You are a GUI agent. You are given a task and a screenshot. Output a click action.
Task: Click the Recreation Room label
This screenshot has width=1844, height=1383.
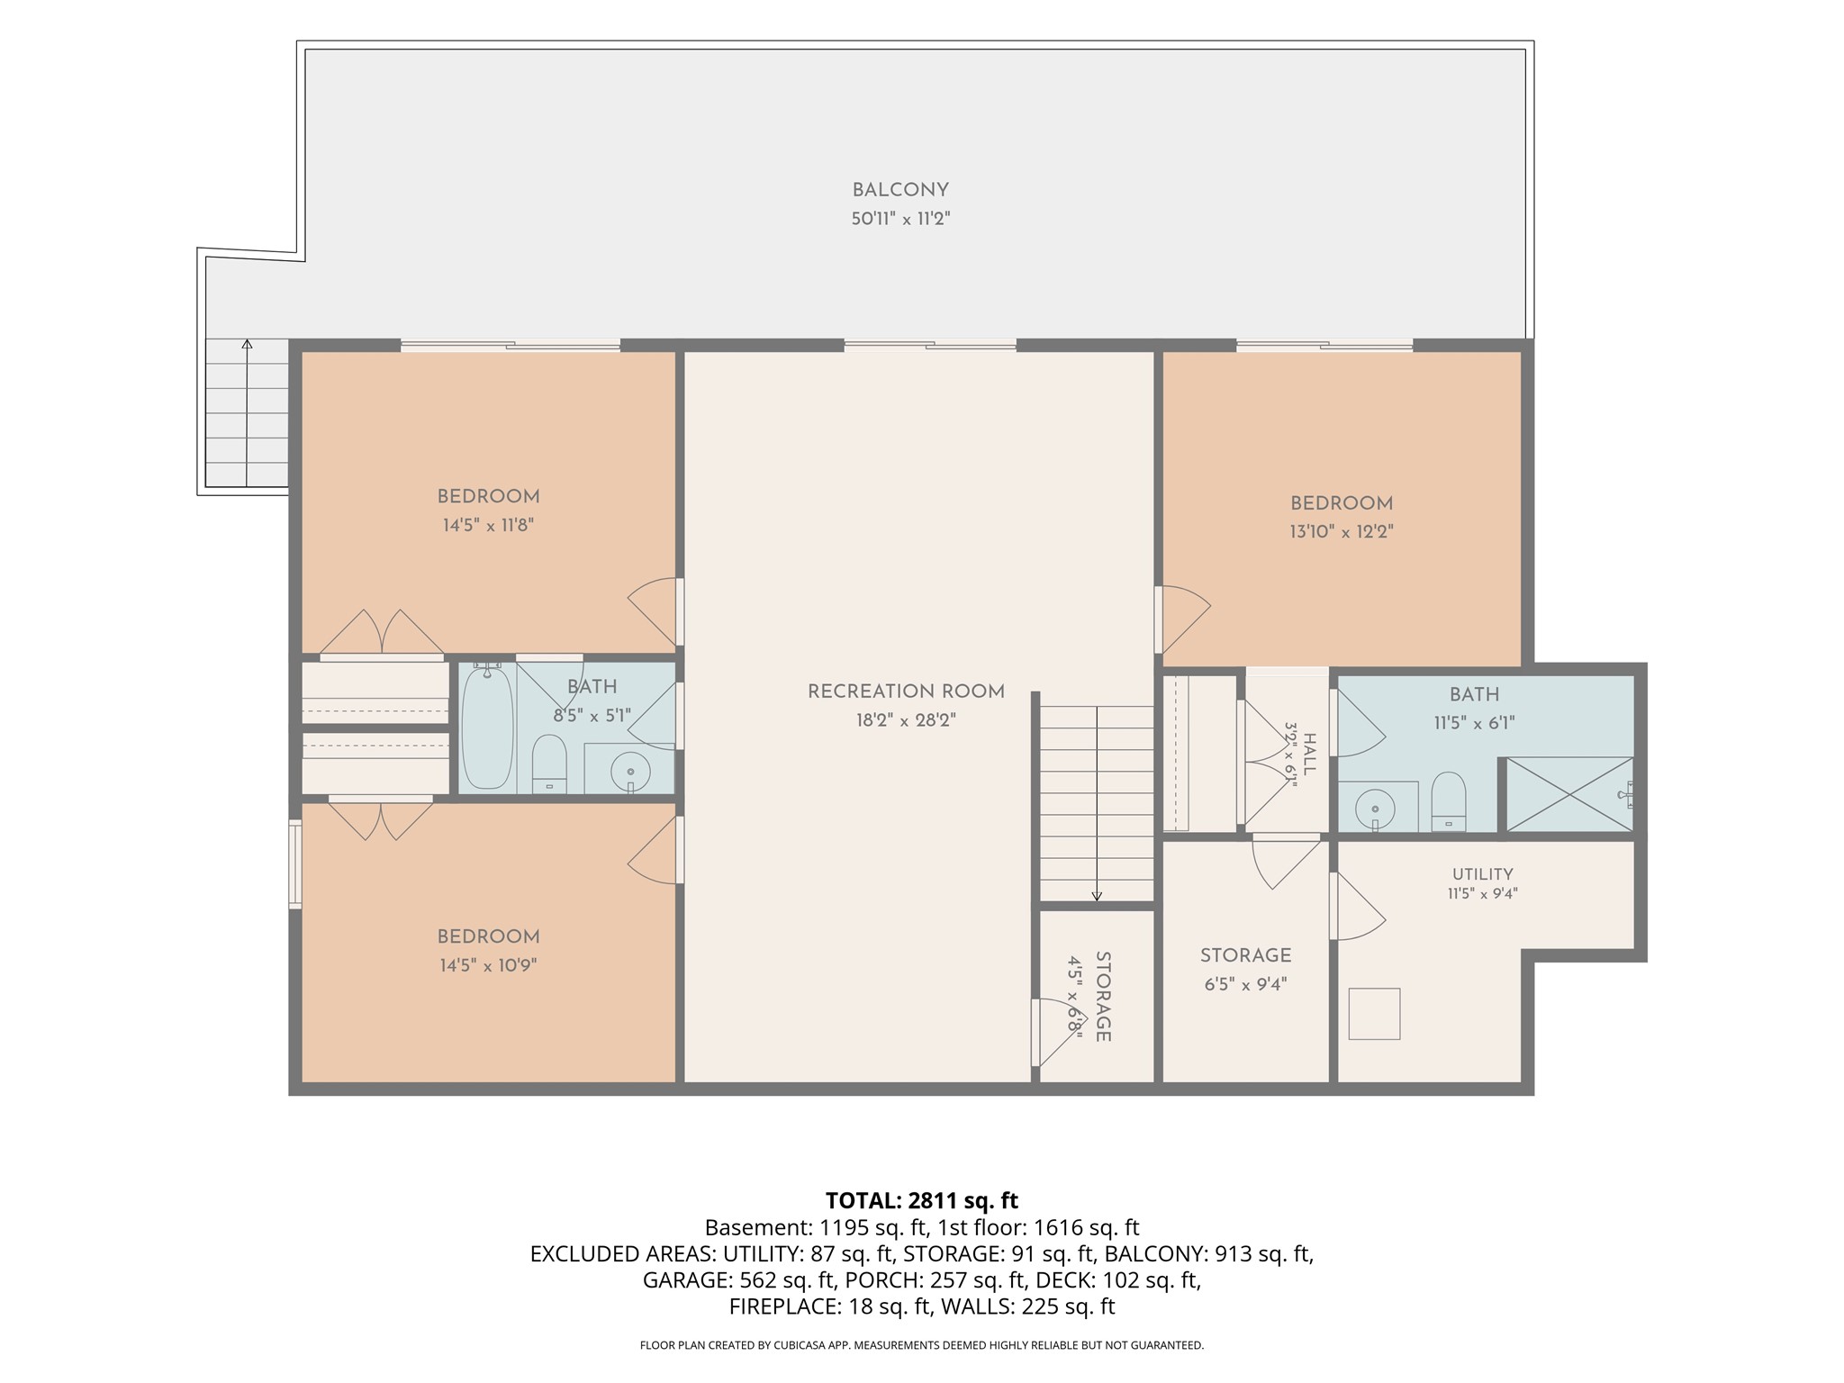coord(906,691)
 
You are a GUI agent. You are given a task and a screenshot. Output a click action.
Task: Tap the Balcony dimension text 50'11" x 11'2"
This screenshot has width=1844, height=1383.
coord(901,219)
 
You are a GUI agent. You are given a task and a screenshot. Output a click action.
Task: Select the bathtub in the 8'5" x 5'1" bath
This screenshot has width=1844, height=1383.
coord(487,728)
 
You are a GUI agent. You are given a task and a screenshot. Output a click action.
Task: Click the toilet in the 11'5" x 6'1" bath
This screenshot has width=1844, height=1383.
coord(1449,800)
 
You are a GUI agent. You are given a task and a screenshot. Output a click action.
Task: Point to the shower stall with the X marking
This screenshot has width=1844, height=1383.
coord(1569,794)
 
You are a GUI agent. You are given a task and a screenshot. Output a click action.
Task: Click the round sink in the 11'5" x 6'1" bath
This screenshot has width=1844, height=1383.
coord(1375,802)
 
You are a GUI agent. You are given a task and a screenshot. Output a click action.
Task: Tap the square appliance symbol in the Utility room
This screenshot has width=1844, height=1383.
coord(1374,1014)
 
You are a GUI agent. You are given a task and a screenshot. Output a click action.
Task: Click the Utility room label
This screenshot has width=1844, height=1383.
coord(1482,874)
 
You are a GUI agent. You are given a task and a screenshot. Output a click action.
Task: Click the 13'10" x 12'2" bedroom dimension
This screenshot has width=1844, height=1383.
coord(1342,532)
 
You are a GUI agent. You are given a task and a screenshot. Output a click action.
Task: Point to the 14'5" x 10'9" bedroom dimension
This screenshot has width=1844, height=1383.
coord(488,966)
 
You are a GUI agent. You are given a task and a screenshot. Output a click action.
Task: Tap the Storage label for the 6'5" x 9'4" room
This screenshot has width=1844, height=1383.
coord(1245,955)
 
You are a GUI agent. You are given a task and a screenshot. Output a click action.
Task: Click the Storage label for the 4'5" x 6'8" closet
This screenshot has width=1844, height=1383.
coord(1103,997)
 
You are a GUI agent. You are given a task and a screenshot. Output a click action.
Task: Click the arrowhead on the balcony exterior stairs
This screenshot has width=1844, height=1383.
coord(247,343)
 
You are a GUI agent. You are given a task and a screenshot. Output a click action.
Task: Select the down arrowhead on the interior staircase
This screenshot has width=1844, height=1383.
coord(1097,896)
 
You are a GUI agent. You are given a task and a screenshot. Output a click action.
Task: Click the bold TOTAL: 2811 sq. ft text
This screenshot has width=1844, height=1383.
coord(922,1200)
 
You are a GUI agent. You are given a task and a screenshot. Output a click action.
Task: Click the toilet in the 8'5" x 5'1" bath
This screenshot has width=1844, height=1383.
coord(549,764)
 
